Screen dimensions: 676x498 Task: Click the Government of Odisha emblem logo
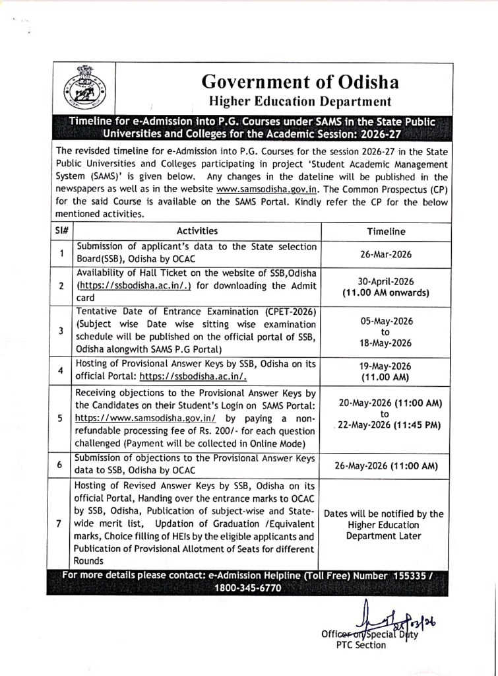pos(82,88)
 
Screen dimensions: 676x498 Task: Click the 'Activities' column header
pos(197,231)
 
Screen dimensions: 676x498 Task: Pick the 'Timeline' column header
pos(386,232)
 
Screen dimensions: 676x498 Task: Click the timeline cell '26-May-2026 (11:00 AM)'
pos(386,465)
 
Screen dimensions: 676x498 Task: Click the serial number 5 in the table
pos(60,418)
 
